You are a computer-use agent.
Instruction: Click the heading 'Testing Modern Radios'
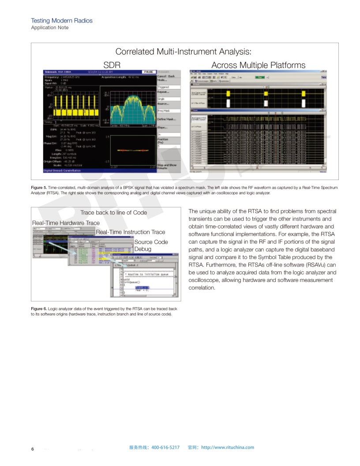(x=61, y=21)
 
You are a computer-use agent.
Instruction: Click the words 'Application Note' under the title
(x=49, y=27)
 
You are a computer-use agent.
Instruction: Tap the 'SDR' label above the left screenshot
(x=112, y=65)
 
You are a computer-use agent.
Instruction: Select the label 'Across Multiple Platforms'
(x=258, y=65)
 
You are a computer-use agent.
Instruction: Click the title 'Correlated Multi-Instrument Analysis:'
(x=183, y=52)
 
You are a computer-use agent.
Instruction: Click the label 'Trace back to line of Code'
(x=113, y=212)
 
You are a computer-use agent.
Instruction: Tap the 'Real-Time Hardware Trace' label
(x=66, y=223)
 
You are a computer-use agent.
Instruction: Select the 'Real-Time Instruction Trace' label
(x=130, y=232)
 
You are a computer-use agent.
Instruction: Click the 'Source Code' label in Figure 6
(x=151, y=242)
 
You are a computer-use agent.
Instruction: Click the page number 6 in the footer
(x=32, y=449)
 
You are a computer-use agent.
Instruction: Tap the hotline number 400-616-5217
(x=165, y=447)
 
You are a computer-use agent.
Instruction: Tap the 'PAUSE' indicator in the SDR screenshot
(x=147, y=71)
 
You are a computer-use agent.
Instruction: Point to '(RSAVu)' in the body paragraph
(x=312, y=265)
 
